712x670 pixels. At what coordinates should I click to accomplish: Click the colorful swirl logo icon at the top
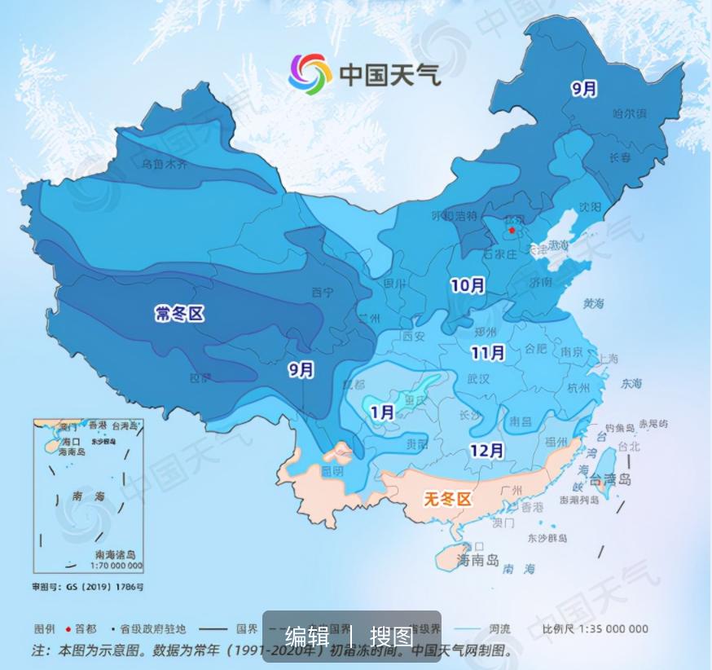[x=310, y=74]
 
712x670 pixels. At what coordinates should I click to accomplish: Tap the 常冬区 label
[x=179, y=313]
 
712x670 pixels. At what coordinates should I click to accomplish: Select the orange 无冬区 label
[x=447, y=499]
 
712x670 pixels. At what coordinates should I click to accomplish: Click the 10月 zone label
[x=468, y=285]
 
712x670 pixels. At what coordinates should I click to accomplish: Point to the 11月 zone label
[x=488, y=353]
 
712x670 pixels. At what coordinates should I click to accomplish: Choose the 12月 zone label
[x=486, y=450]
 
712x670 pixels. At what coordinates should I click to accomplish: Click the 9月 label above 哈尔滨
[x=584, y=89]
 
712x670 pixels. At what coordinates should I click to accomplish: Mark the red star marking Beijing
[x=511, y=231]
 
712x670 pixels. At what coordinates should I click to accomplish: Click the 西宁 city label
[x=323, y=292]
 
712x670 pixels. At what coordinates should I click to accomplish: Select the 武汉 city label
[x=478, y=379]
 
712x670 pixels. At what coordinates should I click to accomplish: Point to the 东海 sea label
[x=631, y=383]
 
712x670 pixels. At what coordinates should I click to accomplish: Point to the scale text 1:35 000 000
[x=607, y=628]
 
